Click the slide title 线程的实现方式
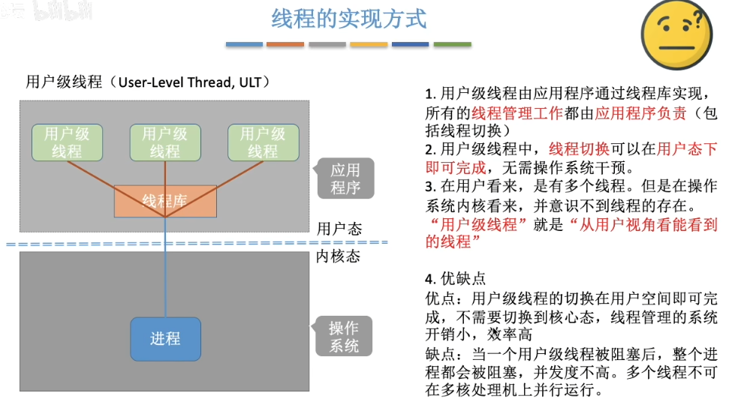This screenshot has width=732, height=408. pyautogui.click(x=349, y=17)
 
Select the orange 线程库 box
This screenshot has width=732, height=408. pyautogui.click(x=165, y=201)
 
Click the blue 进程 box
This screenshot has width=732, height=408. pyautogui.click(x=165, y=339)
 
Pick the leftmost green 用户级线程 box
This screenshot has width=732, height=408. pyautogui.click(x=67, y=142)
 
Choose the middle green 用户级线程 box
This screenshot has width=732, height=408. pyautogui.click(x=165, y=142)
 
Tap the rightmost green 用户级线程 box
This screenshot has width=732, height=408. pyautogui.click(x=263, y=142)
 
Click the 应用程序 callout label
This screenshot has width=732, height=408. pyautogui.click(x=345, y=179)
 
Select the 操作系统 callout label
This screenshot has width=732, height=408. pyautogui.click(x=345, y=337)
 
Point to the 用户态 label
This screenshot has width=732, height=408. pyautogui.click(x=339, y=229)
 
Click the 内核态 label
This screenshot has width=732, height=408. pyautogui.click(x=338, y=256)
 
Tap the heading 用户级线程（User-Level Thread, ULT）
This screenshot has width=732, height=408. pyautogui.click(x=148, y=82)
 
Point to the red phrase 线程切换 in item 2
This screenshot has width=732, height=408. pyautogui.click(x=579, y=148)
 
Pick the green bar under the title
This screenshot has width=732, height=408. pyautogui.click(x=452, y=44)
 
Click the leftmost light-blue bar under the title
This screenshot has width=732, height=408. pyautogui.click(x=245, y=44)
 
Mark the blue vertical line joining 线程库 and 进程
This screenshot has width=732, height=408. pyautogui.click(x=165, y=270)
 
